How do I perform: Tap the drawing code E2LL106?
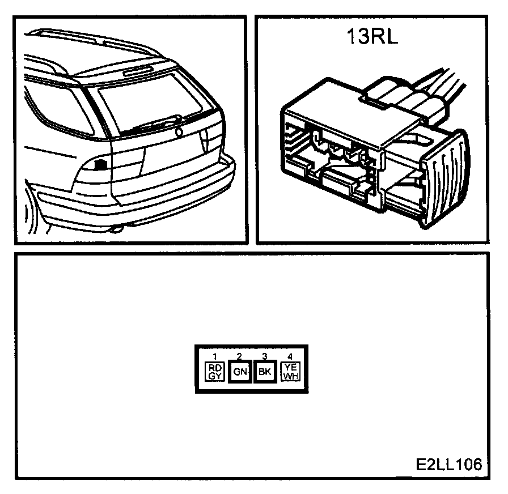tap(448, 465)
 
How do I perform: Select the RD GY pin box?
tap(215, 372)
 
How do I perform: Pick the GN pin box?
tap(239, 372)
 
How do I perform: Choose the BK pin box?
tap(264, 372)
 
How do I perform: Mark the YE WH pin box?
tap(290, 372)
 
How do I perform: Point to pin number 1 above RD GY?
tap(215, 356)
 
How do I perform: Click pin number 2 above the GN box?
tap(239, 356)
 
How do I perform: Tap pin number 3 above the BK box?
tap(264, 356)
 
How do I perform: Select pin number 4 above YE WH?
tap(290, 356)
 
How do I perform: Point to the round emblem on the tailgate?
tap(180, 132)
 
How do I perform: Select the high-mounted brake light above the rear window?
tap(138, 70)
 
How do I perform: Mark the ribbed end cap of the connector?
tap(448, 181)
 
